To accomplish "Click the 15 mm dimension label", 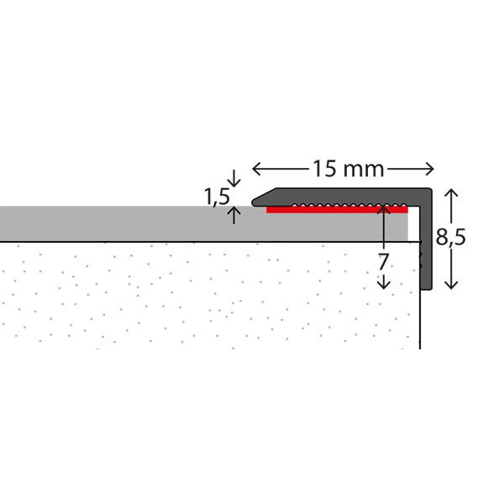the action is point(348,169).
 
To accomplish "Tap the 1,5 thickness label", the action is point(217,197).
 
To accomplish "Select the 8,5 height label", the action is point(450,237).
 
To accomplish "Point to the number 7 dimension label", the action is point(383,261).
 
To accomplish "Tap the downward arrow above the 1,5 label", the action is point(234,178).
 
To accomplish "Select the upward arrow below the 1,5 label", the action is point(234,215).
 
